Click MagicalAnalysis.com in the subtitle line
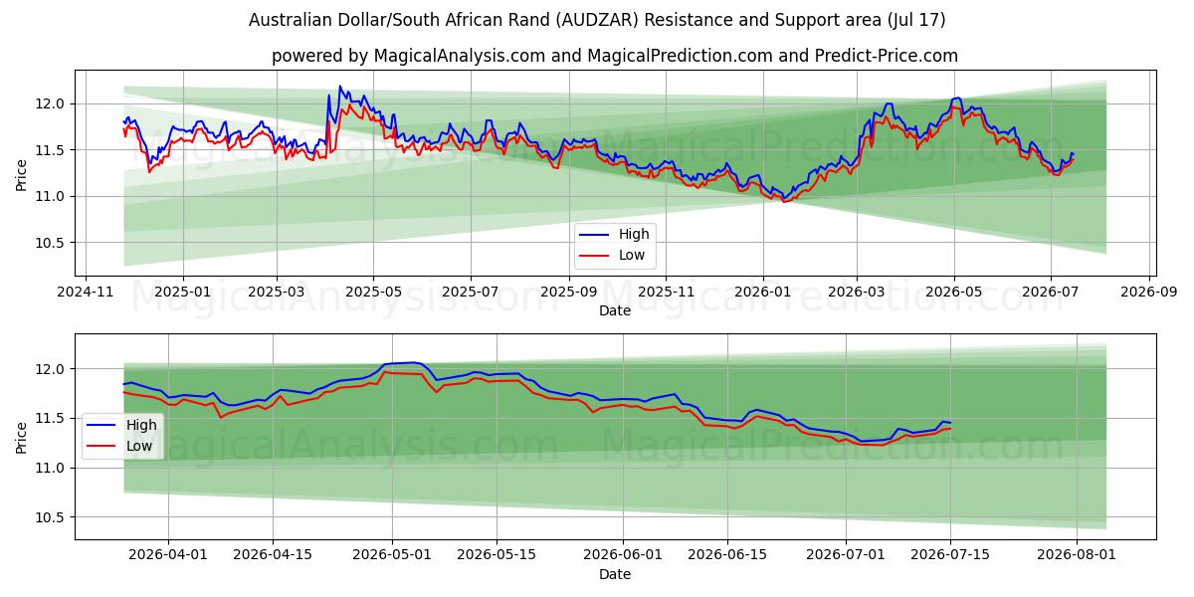click(460, 56)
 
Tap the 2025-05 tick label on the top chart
click(373, 293)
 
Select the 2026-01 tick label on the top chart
click(763, 293)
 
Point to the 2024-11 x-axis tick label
click(86, 293)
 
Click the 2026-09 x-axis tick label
click(1148, 293)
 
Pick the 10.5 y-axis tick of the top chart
click(50, 243)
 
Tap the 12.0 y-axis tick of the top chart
click(50, 103)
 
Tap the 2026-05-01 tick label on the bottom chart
click(392, 555)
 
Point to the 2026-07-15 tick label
click(950, 555)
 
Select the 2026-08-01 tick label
click(1077, 555)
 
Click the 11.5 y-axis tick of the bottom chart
click(50, 419)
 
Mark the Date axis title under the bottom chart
click(615, 574)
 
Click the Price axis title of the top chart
click(21, 175)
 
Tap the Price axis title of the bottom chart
click(21, 438)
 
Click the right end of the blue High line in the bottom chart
click(950, 423)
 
